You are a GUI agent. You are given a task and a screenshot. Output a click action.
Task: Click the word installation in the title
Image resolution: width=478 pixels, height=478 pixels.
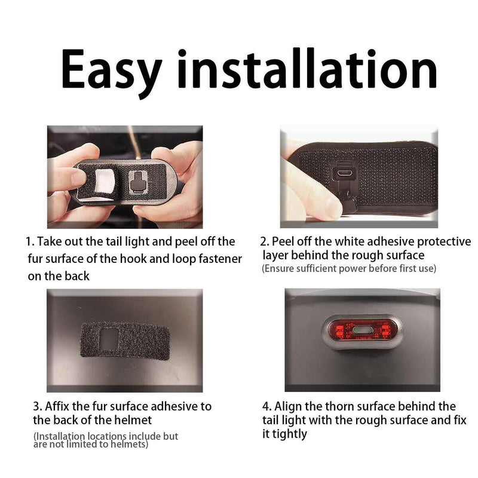tap(307, 69)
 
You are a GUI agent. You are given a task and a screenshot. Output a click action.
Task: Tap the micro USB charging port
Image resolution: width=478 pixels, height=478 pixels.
tap(345, 173)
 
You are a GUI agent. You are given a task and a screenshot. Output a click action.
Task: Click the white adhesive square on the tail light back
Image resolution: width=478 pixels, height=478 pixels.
tap(104, 181)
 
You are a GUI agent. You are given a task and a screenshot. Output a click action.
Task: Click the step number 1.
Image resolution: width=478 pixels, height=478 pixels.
tap(29, 241)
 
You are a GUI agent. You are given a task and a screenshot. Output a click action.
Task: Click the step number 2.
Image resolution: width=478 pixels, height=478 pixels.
tap(264, 241)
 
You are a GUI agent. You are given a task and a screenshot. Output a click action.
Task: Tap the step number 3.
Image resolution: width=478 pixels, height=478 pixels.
tap(37, 406)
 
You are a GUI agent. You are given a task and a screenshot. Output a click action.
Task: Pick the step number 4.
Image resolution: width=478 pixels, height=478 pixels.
tap(266, 406)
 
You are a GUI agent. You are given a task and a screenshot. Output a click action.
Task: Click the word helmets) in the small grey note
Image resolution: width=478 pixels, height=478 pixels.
tap(129, 444)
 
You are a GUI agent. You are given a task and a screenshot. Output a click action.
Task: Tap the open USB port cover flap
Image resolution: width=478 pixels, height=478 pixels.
tap(348, 202)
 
